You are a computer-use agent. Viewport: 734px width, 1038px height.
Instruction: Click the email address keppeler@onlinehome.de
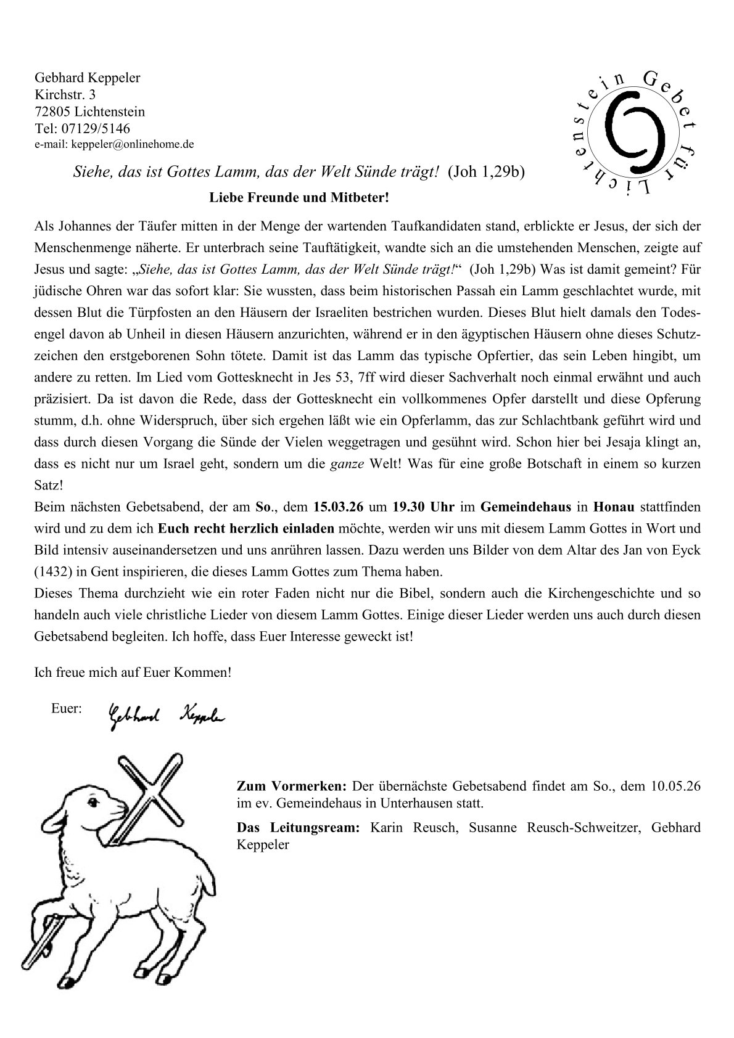coord(133,145)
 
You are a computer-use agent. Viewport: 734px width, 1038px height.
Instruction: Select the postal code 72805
coord(52,112)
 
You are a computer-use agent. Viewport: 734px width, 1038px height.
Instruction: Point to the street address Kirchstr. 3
coord(65,95)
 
